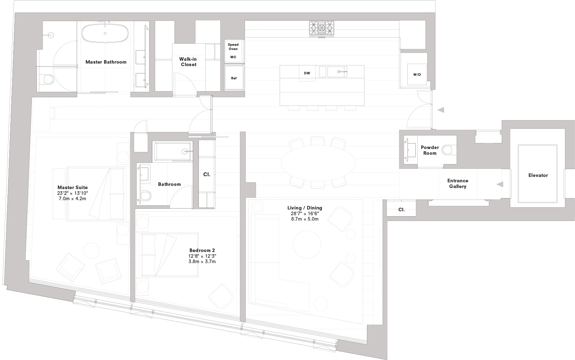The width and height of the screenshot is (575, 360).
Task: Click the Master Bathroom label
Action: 106,62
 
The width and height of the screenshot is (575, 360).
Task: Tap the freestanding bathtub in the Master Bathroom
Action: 105,33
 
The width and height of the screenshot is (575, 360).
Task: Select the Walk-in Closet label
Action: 188,62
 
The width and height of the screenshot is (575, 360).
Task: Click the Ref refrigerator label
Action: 234,78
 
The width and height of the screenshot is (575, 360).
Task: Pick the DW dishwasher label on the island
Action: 307,73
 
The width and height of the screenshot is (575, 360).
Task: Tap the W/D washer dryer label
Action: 417,74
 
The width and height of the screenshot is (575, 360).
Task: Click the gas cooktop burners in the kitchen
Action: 321,27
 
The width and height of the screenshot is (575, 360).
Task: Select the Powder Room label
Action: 430,150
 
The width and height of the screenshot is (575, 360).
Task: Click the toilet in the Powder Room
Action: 448,150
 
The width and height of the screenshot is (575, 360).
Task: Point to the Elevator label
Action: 538,175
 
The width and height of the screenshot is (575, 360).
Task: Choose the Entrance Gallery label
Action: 457,183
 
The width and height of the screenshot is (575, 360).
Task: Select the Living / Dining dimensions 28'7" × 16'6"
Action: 305,213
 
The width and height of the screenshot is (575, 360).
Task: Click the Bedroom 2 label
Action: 202,250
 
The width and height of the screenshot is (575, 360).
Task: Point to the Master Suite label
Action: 73,187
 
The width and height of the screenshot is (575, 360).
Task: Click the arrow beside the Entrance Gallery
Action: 500,184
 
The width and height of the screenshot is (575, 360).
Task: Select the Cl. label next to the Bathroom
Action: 207,174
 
